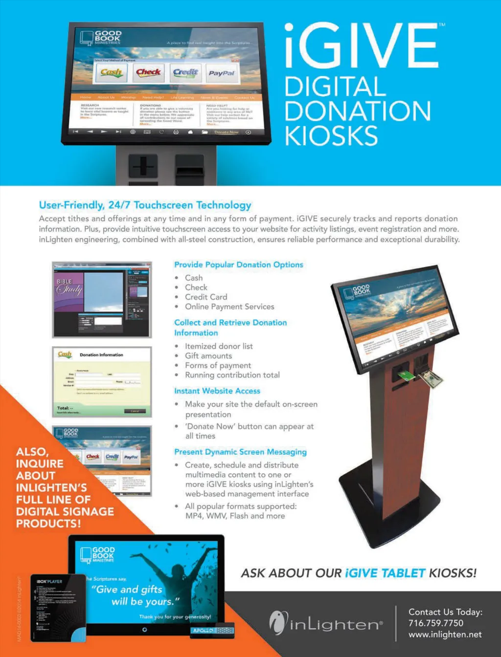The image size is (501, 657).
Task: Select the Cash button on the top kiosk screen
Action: (112, 73)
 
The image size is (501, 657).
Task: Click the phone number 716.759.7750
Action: (436, 623)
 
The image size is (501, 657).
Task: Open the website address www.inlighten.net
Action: (445, 635)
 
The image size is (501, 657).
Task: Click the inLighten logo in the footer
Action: (326, 623)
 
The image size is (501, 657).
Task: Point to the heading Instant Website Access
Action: (217, 391)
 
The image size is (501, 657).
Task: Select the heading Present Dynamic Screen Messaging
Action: (240, 452)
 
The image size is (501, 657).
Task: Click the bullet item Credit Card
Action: (206, 297)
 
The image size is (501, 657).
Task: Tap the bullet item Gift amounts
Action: (208, 356)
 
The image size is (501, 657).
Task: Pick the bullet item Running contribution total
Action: (232, 375)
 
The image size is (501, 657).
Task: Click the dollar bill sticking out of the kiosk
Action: (432, 378)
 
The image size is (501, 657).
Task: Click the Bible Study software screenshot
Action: (102, 300)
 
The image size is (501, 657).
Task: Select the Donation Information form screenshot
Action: (102, 382)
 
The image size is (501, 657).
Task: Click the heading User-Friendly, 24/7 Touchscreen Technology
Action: (145, 205)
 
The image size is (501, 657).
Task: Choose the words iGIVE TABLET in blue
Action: (385, 573)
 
